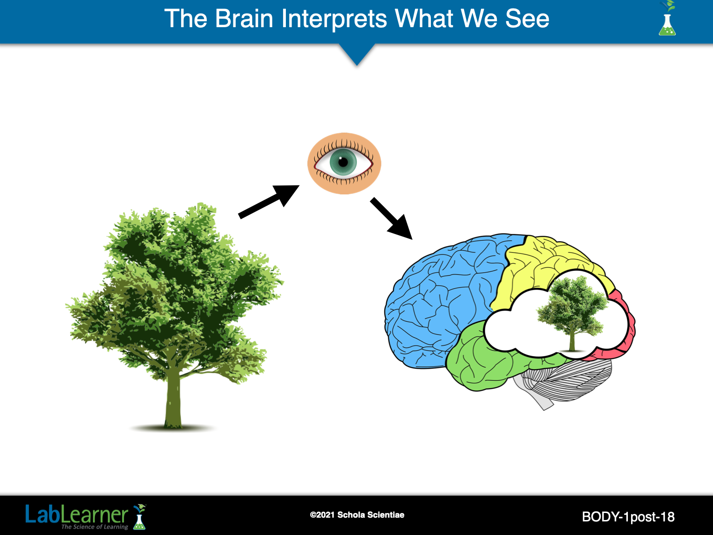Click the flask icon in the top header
point(667,21)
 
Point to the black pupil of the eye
point(344,163)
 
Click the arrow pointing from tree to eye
point(269,201)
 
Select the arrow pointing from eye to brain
point(391,218)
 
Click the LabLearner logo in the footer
point(77,515)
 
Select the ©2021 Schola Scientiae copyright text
point(357,515)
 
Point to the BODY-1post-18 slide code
point(628,517)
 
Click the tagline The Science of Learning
point(95,527)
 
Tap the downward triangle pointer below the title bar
point(357,54)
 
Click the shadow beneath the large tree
point(173,428)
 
